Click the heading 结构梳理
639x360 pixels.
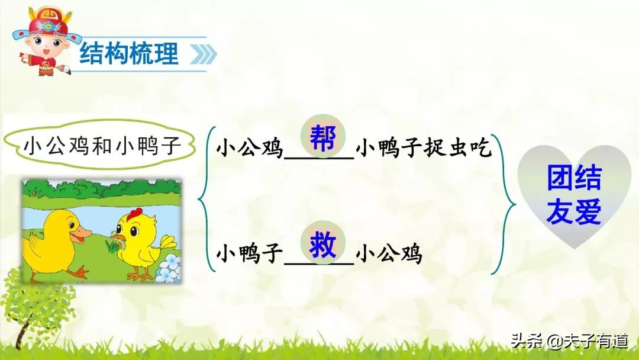tap(129, 54)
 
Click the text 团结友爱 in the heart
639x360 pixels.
tap(573, 195)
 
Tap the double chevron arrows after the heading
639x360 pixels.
tap(203, 55)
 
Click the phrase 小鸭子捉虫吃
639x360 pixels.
tap(424, 149)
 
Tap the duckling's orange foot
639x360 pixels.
tap(76, 272)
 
